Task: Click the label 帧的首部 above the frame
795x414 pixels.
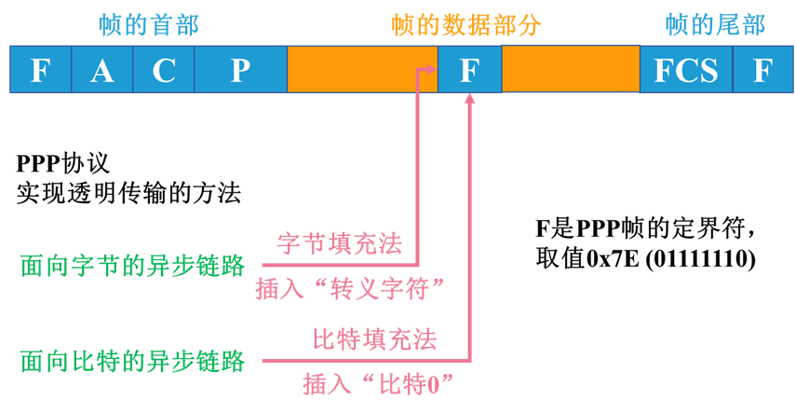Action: [x=149, y=24]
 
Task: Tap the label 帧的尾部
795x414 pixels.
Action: [x=715, y=24]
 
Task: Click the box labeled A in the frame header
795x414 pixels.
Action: [x=102, y=70]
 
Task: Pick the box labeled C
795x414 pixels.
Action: [x=164, y=70]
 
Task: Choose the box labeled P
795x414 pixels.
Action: [x=241, y=70]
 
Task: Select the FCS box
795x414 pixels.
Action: [x=686, y=70]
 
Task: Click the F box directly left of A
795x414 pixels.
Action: [x=40, y=70]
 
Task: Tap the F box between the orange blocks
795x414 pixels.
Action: [x=469, y=70]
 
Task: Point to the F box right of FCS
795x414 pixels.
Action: [x=762, y=70]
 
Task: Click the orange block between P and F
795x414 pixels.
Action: [x=362, y=70]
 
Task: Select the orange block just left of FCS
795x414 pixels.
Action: [x=570, y=70]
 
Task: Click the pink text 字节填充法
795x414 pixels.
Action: [x=340, y=244]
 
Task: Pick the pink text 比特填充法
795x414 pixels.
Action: [x=374, y=337]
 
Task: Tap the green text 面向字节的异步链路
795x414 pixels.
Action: [x=132, y=267]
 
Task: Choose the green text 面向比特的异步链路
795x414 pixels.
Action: [x=132, y=360]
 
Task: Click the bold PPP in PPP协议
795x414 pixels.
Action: [x=38, y=165]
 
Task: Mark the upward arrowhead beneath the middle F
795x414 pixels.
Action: [x=469, y=97]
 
